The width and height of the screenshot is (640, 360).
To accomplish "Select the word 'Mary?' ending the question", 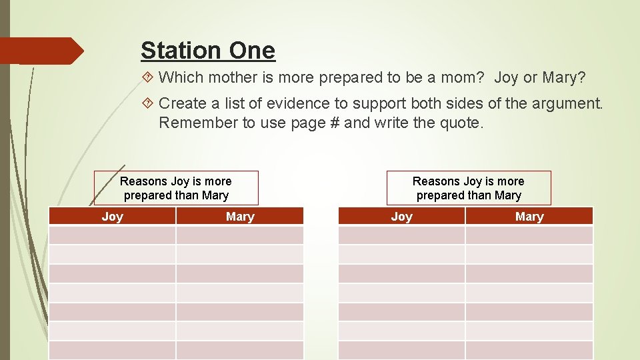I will click(563, 78).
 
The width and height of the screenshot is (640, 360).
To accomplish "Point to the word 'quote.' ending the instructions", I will click(459, 123).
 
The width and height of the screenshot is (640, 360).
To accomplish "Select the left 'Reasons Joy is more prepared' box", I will click(176, 188).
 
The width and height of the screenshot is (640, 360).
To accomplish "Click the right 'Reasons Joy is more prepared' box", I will click(469, 188).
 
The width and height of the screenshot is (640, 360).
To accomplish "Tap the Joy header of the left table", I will click(112, 216).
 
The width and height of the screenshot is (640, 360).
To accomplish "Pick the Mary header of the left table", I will click(240, 216).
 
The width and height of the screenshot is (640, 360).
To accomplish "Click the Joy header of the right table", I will click(401, 216).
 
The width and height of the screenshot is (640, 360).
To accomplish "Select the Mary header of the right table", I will click(529, 216).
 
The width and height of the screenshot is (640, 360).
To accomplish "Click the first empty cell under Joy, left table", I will click(112, 235).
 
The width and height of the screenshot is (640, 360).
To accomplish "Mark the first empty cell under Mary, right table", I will click(529, 235).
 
